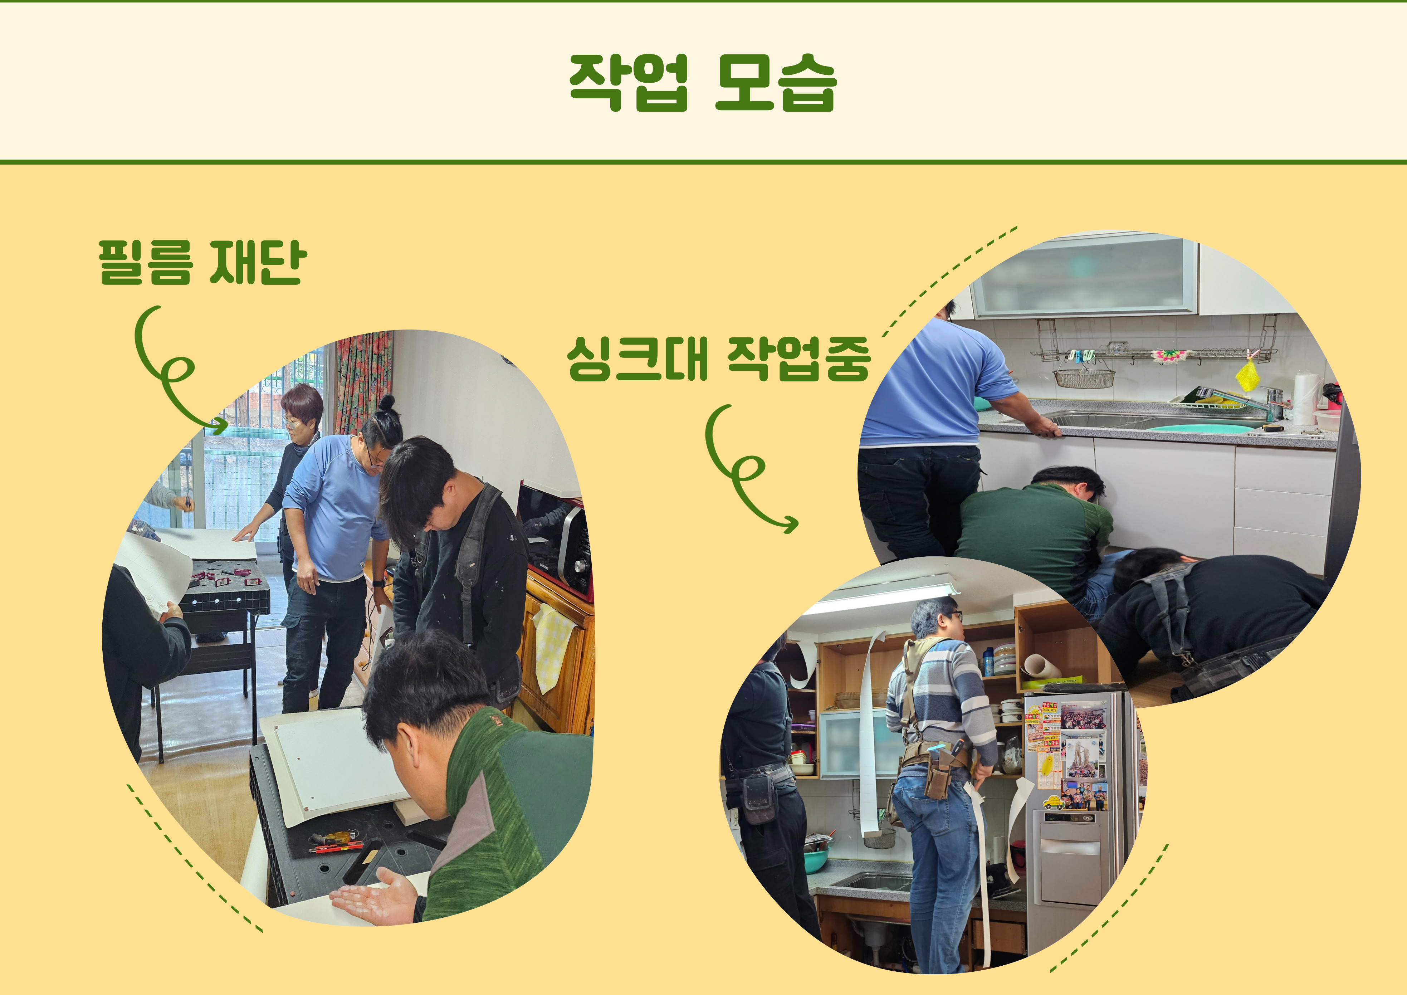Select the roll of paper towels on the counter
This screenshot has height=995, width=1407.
point(1305,399)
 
